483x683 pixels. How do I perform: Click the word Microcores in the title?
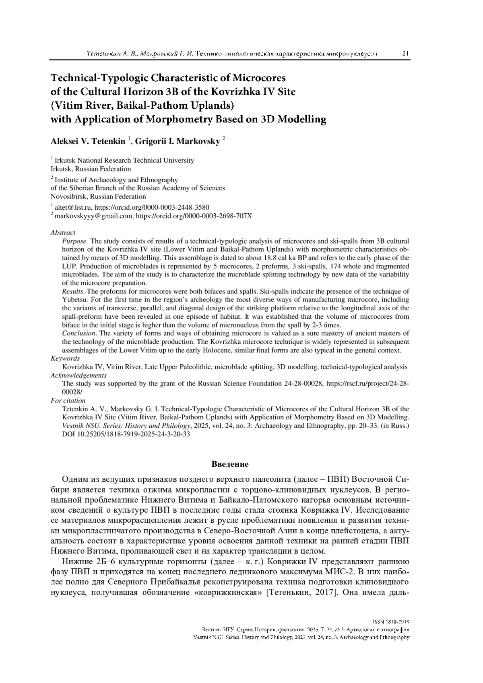tap(258, 77)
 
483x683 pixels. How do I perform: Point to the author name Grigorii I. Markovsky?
tap(178, 142)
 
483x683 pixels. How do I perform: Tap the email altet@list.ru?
tap(72, 208)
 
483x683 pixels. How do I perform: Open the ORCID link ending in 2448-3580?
tap(152, 208)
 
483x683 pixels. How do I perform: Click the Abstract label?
tap(63, 233)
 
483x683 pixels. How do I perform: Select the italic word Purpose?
tap(74, 241)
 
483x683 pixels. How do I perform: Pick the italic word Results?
tap(73, 291)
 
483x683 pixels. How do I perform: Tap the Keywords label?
tap(65, 358)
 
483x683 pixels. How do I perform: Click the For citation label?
tap(68, 400)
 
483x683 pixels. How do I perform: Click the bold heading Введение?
tap(230, 464)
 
